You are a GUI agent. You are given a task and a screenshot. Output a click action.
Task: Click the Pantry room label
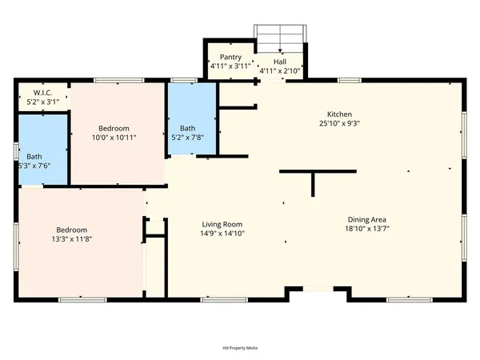pos(226,58)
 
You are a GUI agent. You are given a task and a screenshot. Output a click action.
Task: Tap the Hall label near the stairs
pos(280,61)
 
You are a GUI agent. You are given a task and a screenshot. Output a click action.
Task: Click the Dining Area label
pos(368,219)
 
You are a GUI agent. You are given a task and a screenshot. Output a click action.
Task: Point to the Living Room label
pos(222,224)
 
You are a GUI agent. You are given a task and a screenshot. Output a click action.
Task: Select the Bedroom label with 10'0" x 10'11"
pos(114,128)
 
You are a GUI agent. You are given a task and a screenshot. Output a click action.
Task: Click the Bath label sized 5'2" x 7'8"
pos(187,128)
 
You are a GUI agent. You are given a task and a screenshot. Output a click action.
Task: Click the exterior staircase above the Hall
pos(280,37)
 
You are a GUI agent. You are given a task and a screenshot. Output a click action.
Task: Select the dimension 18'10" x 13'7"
pos(368,229)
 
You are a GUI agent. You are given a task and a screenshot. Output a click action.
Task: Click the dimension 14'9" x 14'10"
pos(222,234)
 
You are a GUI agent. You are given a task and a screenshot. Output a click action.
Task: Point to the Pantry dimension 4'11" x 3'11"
pos(226,67)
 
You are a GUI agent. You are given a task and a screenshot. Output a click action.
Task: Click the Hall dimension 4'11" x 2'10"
pos(279,70)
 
